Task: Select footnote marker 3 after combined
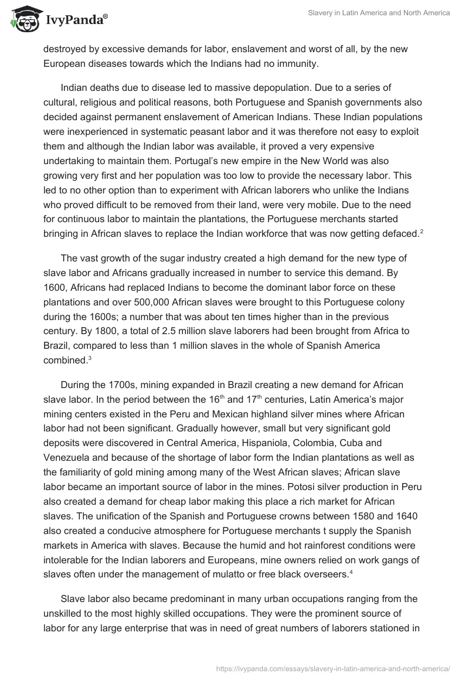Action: tap(90, 357)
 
